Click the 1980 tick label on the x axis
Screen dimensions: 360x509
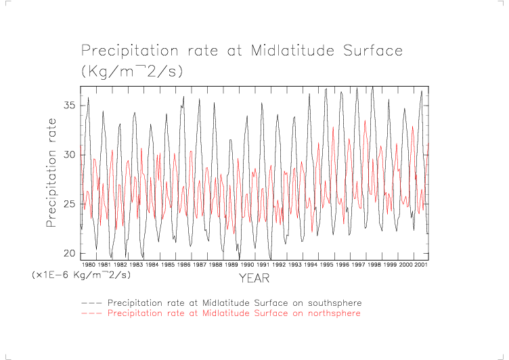click(89, 265)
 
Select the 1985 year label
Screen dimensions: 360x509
click(168, 265)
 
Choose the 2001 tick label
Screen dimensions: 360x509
click(421, 265)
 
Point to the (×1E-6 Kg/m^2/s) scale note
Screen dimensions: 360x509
click(81, 275)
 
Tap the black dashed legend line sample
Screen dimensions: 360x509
click(92, 302)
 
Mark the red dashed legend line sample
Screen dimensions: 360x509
click(92, 313)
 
